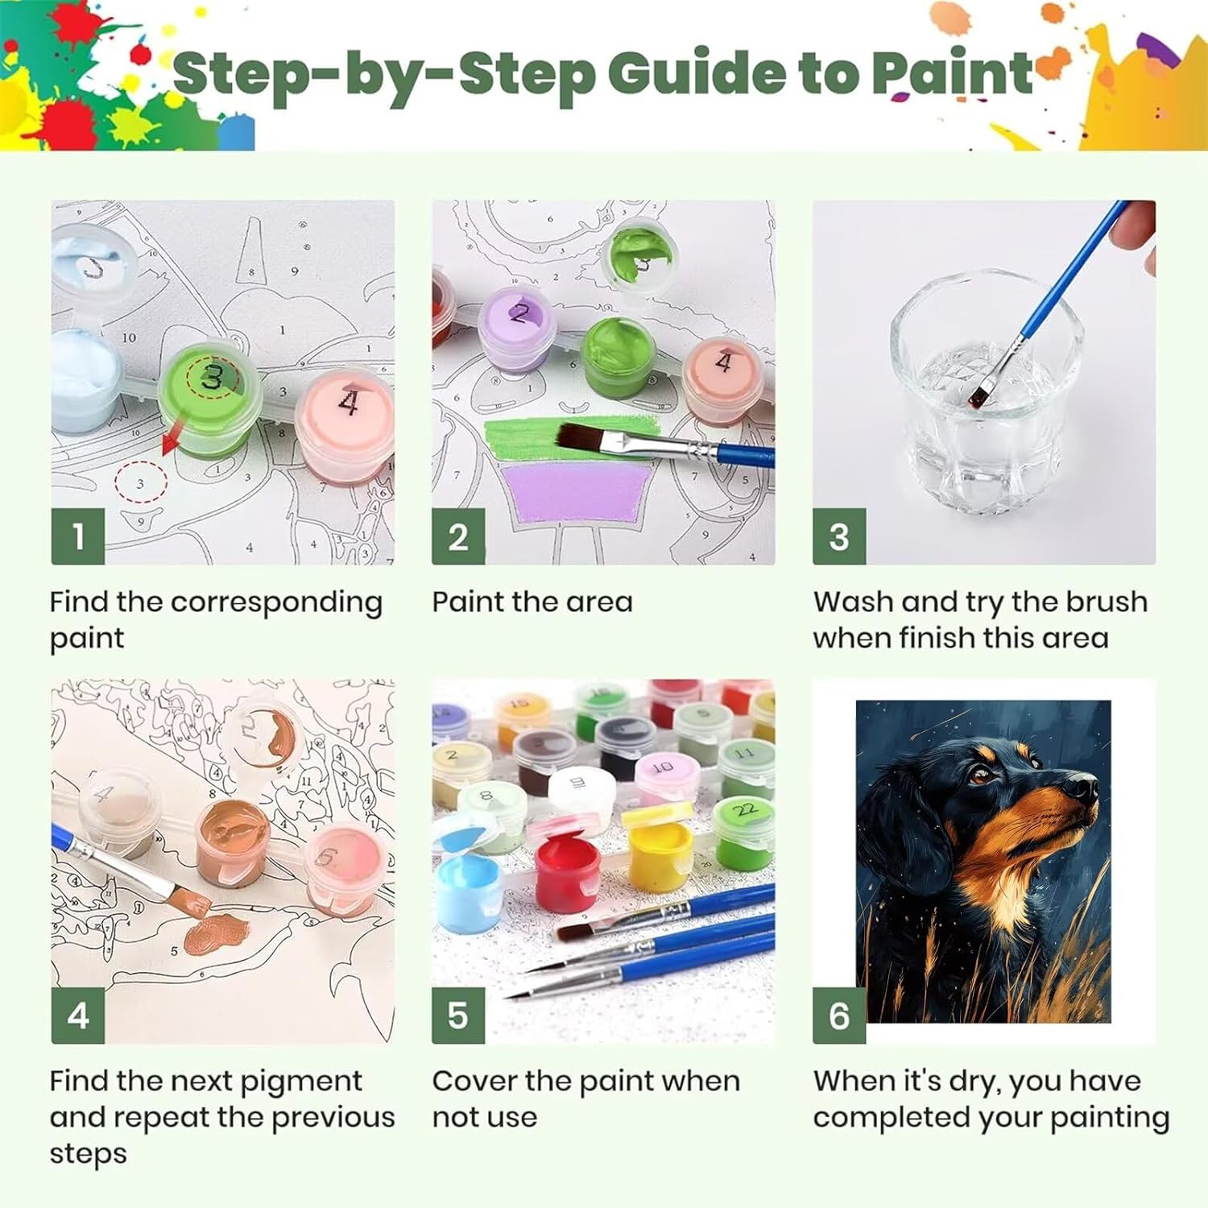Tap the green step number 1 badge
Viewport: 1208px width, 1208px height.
tap(78, 536)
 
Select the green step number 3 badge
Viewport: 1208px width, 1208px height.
tap(839, 536)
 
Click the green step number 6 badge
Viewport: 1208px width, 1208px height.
tap(839, 1016)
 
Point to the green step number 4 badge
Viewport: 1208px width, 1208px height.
tap(78, 1016)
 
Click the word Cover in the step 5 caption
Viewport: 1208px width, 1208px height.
tap(474, 1082)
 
